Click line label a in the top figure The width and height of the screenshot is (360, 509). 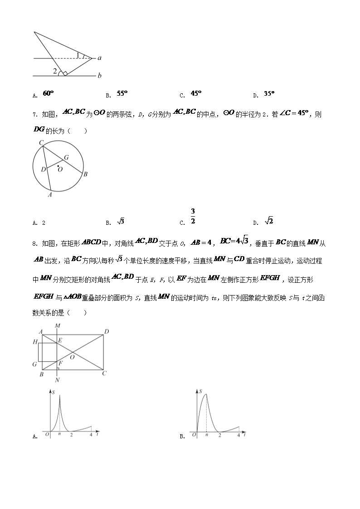click(99, 58)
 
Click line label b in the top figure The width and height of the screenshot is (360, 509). click(99, 75)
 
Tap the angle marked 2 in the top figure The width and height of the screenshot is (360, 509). click(55, 71)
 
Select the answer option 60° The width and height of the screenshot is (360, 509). click(48, 93)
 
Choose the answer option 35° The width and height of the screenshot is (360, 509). click(269, 94)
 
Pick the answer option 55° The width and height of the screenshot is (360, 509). click(122, 93)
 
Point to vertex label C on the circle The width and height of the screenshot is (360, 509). click(41, 143)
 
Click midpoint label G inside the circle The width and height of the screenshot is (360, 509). click(66, 157)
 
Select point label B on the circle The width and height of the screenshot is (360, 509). click(85, 174)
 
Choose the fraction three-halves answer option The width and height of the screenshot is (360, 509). click(193, 216)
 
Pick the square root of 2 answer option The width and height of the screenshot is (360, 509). click(269, 221)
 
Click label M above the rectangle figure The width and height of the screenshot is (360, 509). click(57, 325)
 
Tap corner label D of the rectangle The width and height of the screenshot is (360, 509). click(107, 332)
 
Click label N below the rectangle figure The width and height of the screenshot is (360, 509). click(57, 380)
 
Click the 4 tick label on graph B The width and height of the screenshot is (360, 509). click(238, 435)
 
